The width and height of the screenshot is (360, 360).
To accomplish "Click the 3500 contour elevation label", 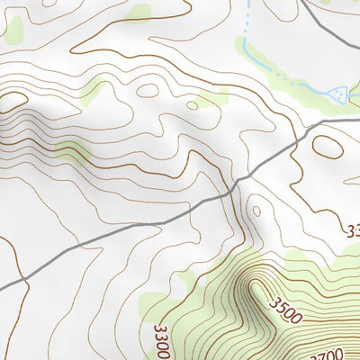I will click(285, 312).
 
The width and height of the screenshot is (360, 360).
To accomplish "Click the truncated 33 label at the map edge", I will click(352, 230).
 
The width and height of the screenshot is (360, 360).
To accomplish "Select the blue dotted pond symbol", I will click(339, 93).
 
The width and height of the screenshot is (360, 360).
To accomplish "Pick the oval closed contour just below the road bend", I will click(328, 147).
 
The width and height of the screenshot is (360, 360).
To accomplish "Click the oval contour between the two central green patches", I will click(148, 90).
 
